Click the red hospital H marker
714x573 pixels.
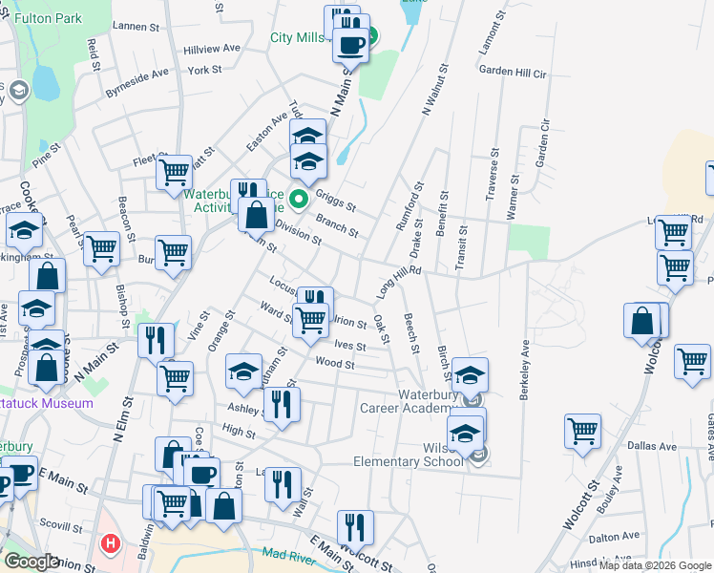[x=111, y=545]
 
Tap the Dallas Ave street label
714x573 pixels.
[x=652, y=446]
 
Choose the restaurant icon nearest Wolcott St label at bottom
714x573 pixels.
[x=354, y=527]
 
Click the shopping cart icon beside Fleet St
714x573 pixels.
[x=175, y=172]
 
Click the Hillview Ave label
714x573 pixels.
[x=212, y=48]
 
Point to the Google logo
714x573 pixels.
[x=31, y=562]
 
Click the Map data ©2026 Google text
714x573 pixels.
[x=656, y=565]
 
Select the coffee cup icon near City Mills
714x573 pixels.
[x=350, y=44]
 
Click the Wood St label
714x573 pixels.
[x=335, y=363]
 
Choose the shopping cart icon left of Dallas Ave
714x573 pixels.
[x=582, y=431]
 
